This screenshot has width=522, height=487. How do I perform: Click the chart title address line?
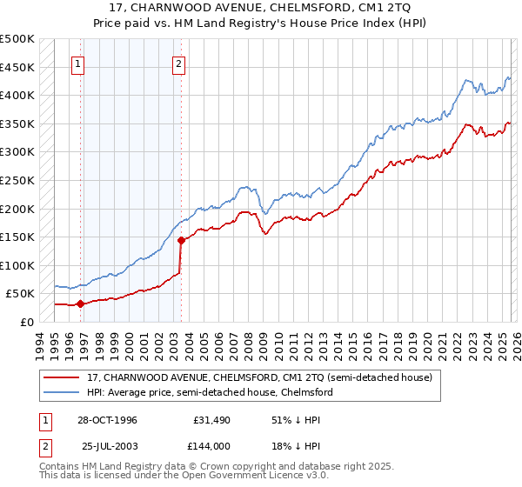[x=262, y=8]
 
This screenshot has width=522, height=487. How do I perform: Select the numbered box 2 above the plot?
[x=178, y=63]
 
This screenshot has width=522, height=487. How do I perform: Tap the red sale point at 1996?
[x=80, y=304]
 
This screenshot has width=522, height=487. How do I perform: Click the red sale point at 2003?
[x=181, y=240]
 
